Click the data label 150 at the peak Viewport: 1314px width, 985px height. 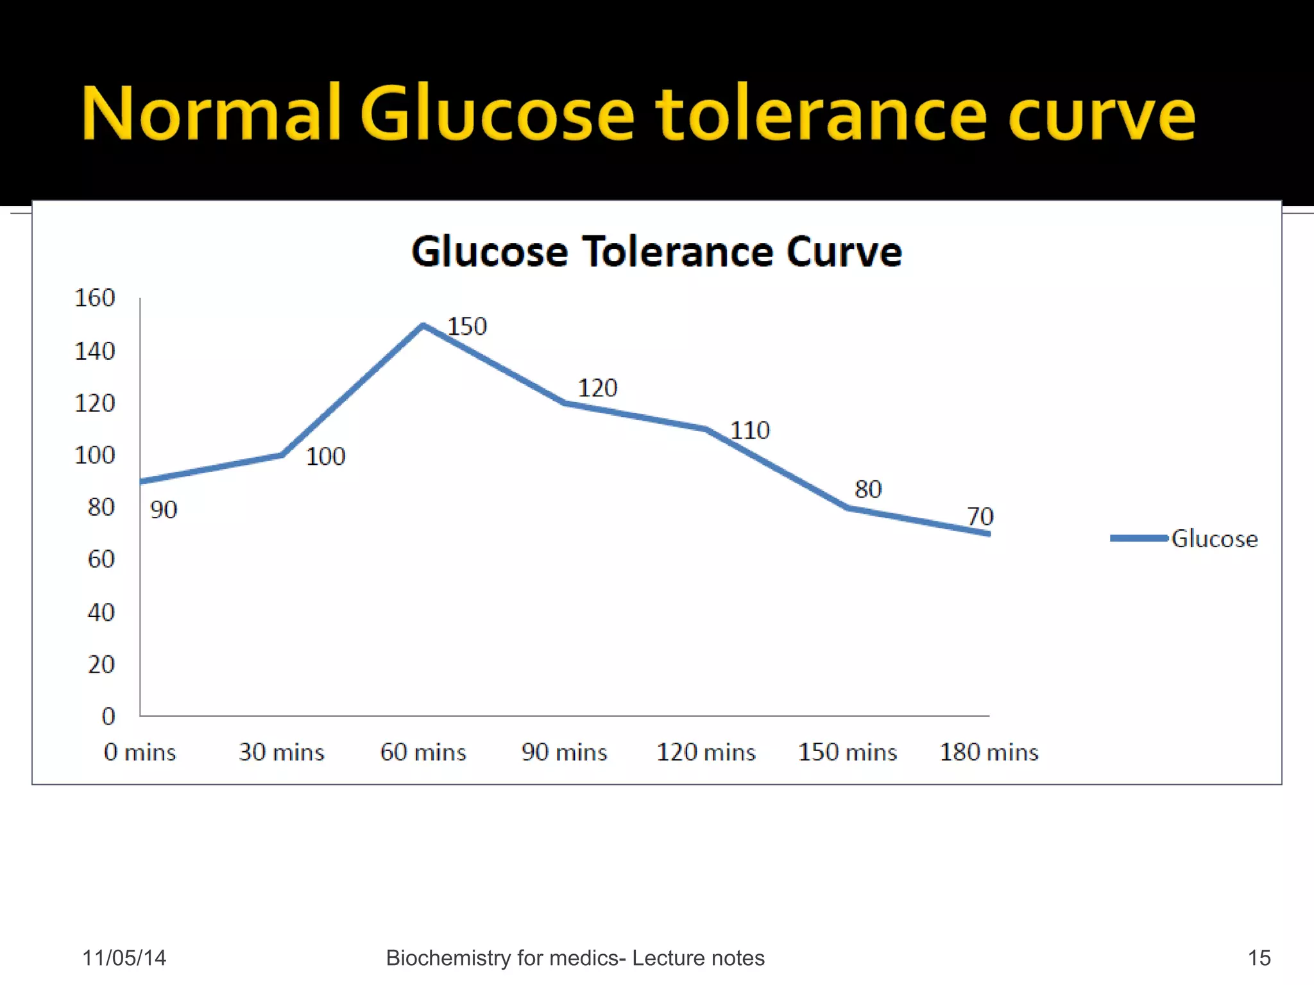467,326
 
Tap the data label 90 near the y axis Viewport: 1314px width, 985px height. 164,510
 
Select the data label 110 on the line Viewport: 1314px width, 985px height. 750,430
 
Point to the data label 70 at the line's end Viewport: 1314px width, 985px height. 980,516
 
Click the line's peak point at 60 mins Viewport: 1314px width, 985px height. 423,325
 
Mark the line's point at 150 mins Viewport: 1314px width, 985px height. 848,508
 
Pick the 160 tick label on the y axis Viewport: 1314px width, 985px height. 95,298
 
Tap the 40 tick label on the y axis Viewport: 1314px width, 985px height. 101,612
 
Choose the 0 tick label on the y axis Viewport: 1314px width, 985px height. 108,716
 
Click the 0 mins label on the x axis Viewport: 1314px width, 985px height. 140,752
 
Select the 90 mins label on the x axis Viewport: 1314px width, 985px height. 564,752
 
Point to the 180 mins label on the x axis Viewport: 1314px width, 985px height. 989,752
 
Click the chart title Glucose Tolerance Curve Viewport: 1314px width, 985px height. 656,251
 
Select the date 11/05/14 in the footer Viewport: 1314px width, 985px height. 124,958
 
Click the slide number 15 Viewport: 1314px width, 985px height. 1259,958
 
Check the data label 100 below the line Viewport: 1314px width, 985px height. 325,457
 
